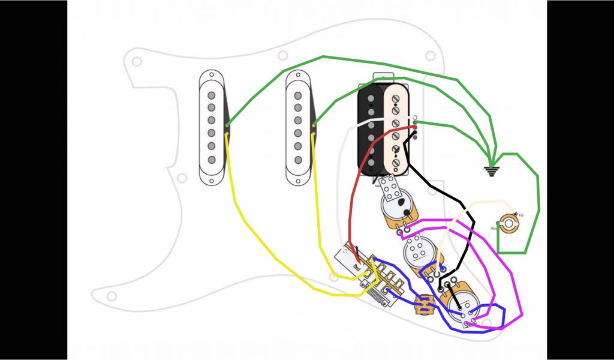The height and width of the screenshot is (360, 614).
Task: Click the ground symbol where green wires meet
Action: [x=492, y=170]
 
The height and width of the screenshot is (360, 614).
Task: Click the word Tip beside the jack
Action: [x=520, y=215]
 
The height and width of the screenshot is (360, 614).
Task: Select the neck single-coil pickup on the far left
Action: [x=212, y=127]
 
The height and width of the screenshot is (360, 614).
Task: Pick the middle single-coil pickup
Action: [x=298, y=127]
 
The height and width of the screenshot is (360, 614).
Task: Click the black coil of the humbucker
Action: [x=371, y=128]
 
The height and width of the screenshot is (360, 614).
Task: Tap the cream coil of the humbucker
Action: [x=396, y=128]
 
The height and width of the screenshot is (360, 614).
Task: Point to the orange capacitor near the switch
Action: [x=424, y=304]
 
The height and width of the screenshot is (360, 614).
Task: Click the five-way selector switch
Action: [x=366, y=276]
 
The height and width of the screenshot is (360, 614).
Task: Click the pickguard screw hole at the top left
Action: [x=137, y=61]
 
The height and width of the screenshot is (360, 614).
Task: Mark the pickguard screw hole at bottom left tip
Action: [x=110, y=296]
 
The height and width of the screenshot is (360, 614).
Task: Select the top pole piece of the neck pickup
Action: [x=212, y=95]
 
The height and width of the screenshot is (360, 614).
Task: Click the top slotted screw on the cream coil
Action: [x=396, y=98]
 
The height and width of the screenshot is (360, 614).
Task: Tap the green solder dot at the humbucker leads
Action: [x=415, y=123]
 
